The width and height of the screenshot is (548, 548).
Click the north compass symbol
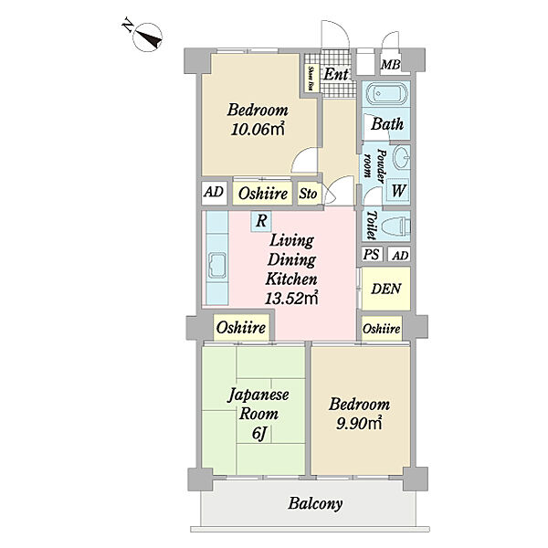(x=147, y=37)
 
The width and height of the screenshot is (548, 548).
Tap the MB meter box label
(x=391, y=65)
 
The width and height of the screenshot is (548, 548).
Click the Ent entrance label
(x=336, y=74)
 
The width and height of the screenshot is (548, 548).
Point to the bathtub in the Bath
(x=386, y=93)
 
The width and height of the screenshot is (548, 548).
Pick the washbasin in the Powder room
(x=402, y=158)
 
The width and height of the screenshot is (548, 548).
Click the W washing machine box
(x=398, y=191)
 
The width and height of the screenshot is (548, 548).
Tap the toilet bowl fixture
(x=395, y=227)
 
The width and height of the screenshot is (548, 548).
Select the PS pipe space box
(x=372, y=255)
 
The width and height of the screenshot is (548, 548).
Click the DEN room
(x=385, y=289)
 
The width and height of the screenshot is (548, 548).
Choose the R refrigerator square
(x=261, y=221)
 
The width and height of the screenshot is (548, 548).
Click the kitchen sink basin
(x=217, y=265)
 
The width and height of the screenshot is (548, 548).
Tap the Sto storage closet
(x=308, y=194)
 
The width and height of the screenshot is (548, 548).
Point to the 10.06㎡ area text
(x=258, y=130)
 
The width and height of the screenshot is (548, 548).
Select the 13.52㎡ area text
(x=291, y=298)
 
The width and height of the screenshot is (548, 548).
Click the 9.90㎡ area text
(x=359, y=423)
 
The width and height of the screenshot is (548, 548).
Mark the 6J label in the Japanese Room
(x=259, y=434)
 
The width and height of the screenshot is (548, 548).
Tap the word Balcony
(x=315, y=503)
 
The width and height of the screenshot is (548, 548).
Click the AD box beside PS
(x=399, y=255)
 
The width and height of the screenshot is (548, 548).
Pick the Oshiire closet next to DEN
(x=382, y=329)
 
